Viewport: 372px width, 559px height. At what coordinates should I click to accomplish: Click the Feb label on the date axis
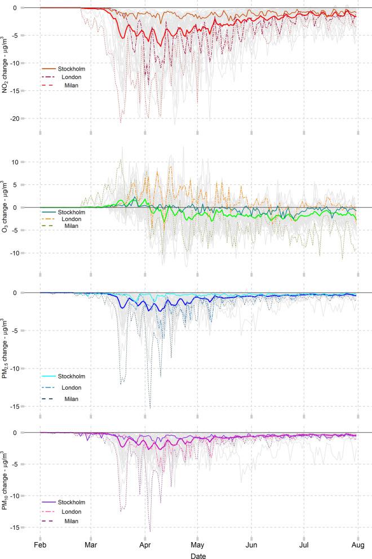coord(40,546)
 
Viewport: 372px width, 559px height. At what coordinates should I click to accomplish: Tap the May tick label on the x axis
coord(197,546)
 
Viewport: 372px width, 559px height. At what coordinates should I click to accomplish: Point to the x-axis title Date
coord(197,556)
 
